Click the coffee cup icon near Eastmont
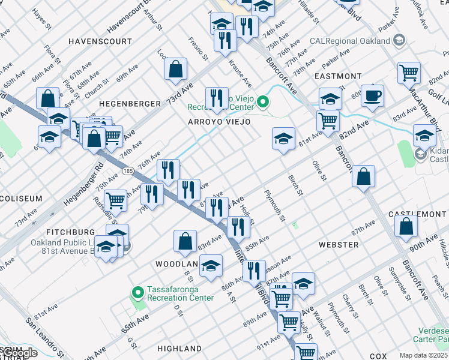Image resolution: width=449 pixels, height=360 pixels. [373, 95]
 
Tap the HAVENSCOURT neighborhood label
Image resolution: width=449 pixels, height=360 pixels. [100, 42]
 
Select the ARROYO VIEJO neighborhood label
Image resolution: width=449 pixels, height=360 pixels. [219, 122]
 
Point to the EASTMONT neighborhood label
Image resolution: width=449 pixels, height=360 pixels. [338, 76]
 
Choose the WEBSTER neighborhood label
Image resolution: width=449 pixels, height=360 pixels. [339, 245]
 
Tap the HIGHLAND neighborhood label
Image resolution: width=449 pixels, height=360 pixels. [179, 348]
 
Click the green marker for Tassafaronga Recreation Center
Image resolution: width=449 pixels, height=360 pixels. [137, 293]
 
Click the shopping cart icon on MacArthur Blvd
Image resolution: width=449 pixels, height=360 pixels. [409, 73]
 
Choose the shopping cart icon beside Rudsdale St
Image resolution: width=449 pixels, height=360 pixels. [115, 200]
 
